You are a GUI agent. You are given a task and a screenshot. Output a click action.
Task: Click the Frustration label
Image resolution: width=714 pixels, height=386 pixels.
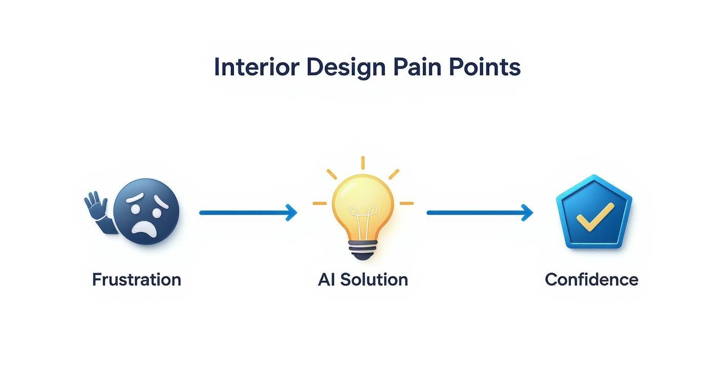pos(136,280)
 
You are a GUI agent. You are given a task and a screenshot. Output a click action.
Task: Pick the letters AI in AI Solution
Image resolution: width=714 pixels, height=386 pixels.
pos(326,280)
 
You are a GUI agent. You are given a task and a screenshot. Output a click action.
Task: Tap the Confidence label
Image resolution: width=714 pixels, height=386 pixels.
pos(591,280)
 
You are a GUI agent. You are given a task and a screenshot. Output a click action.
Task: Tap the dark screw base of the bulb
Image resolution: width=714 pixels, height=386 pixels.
pos(363,251)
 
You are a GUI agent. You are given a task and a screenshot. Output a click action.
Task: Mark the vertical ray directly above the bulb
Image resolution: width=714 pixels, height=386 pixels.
pos(363,163)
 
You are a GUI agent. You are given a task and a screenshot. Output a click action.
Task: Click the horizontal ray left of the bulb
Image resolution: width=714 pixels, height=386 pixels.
pos(320,203)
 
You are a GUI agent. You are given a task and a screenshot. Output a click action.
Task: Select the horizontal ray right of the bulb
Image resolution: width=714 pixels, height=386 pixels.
pos(406,203)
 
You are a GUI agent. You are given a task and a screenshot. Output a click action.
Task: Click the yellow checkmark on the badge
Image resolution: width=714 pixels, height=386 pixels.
pos(594,216)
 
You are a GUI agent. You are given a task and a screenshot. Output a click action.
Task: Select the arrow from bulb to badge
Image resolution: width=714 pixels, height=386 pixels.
pos(480,213)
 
